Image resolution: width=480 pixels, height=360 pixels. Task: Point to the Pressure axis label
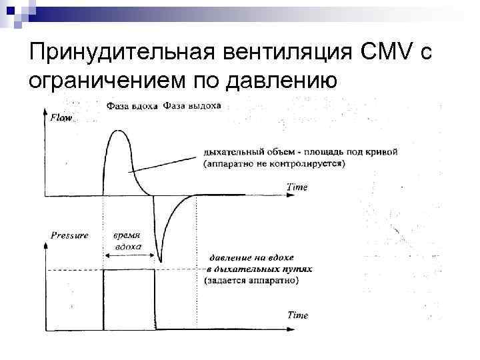(x=69, y=235)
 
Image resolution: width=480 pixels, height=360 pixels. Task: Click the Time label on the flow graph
(x=297, y=187)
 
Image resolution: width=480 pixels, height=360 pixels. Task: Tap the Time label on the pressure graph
(x=297, y=315)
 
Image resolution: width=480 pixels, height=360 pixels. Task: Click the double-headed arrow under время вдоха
(x=129, y=255)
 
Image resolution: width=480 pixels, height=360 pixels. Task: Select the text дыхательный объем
(x=253, y=152)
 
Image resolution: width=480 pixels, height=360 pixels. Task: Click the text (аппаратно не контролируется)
(x=273, y=163)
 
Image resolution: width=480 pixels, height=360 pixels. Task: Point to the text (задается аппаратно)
(x=251, y=281)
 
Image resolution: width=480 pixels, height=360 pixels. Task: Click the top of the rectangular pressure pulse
(x=129, y=270)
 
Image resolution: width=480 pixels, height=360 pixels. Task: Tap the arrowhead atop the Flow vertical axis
(x=45, y=111)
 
